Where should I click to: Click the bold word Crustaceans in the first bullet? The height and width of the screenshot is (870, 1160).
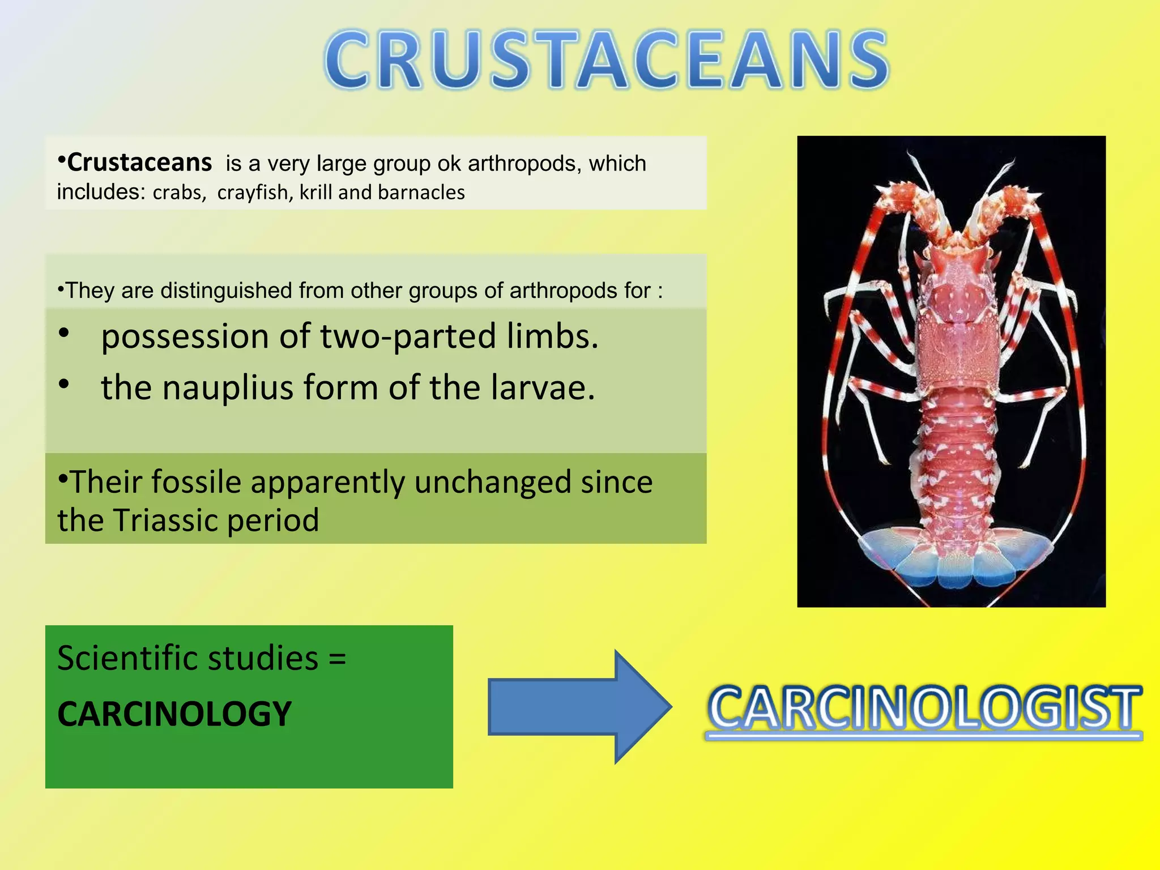click(x=139, y=163)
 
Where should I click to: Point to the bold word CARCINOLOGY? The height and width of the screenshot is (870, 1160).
click(x=174, y=714)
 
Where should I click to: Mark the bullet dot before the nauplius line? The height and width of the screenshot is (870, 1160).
click(x=64, y=385)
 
